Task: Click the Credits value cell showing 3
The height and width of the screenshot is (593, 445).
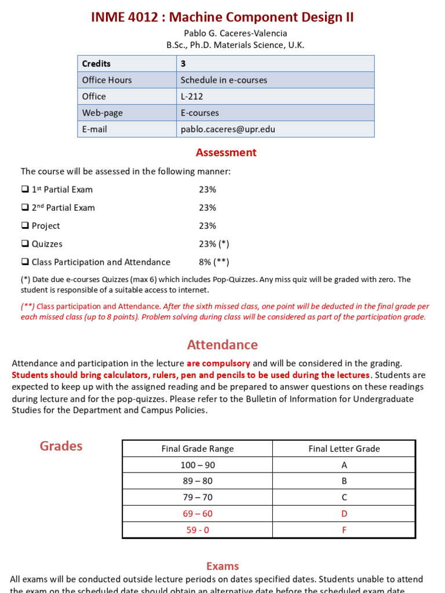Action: [184, 64]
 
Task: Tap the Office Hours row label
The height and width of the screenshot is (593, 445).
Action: [107, 80]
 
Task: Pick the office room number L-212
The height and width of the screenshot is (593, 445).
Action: [192, 96]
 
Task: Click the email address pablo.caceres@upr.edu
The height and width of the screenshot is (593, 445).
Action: [228, 129]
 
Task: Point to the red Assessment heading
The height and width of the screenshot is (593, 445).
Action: [226, 153]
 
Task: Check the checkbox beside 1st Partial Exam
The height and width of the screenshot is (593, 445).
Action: [24, 189]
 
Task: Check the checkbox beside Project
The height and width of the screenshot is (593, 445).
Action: [24, 226]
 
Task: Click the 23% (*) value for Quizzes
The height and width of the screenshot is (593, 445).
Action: [210, 244]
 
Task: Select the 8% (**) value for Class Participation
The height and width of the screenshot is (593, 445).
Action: [214, 262]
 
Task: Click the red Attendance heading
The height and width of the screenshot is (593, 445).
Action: [222, 345]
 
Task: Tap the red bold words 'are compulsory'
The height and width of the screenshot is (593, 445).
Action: [218, 363]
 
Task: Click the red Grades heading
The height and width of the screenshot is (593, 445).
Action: [61, 446]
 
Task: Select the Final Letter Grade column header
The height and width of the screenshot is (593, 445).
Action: [344, 449]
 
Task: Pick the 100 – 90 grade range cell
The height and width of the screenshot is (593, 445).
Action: [198, 465]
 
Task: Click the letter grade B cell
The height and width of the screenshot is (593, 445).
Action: [344, 481]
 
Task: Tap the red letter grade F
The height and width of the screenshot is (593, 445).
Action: [344, 530]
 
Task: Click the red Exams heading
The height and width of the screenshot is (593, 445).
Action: [222, 566]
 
